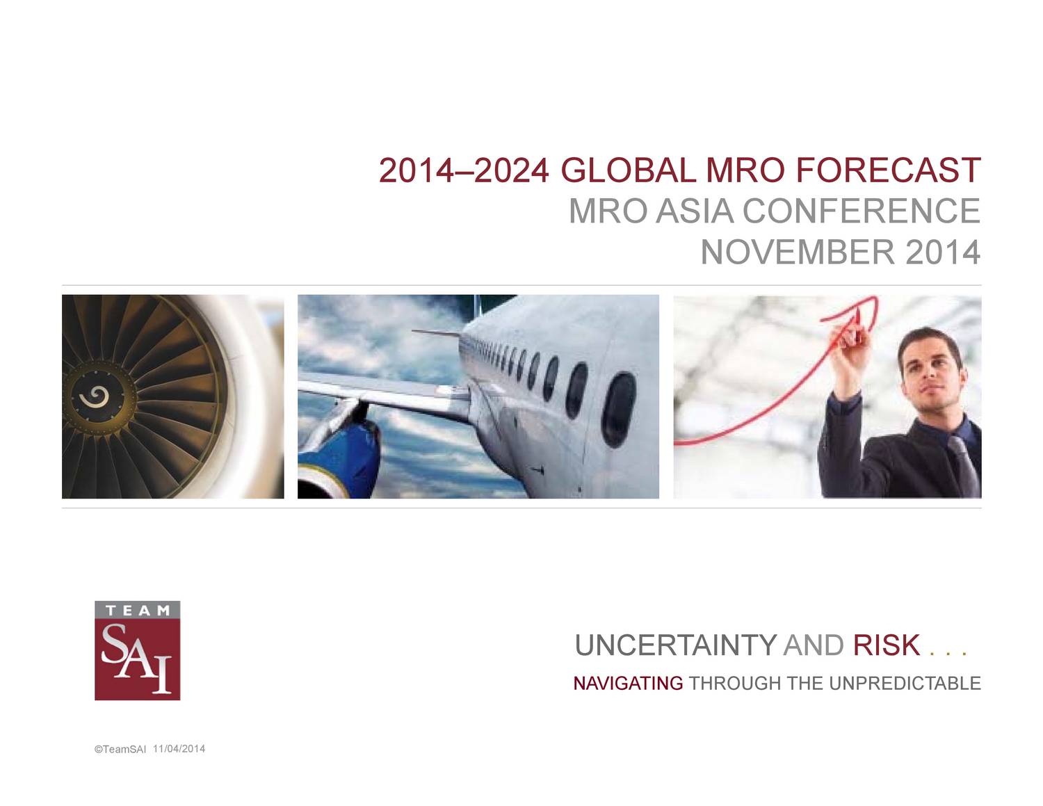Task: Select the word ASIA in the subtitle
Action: [695, 211]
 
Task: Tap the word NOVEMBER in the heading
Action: [798, 252]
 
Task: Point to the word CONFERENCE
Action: [861, 211]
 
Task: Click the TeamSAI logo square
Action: [137, 650]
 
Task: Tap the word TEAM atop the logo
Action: [137, 610]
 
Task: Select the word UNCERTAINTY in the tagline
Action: [675, 645]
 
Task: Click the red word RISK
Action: [886, 645]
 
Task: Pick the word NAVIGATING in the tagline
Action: [628, 683]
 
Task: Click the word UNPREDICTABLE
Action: [905, 683]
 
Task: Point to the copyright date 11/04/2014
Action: [179, 749]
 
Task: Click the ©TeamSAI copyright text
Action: [120, 750]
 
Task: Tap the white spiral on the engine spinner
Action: [94, 396]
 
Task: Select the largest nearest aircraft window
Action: [618, 410]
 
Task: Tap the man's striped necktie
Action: [963, 466]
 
